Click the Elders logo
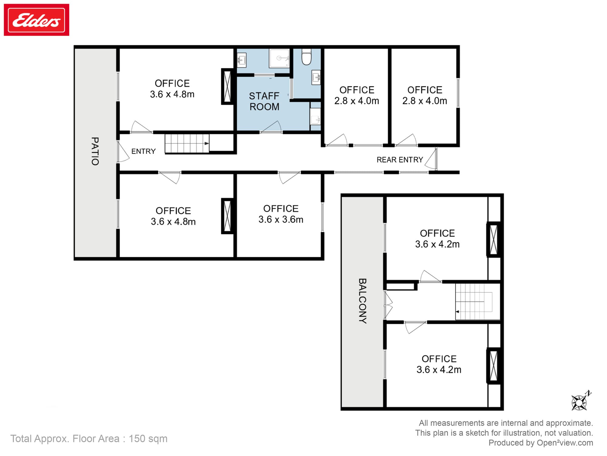point(36,20)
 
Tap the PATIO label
point(95,151)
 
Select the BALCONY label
point(362,301)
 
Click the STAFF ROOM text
point(264,101)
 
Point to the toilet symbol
point(307,57)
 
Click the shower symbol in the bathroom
point(279,58)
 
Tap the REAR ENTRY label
point(399,160)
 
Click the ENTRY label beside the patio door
point(143,151)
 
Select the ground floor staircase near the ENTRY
point(187,143)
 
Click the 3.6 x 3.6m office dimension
point(281,219)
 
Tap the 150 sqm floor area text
point(148,439)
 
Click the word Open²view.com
point(565,443)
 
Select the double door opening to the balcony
point(388,305)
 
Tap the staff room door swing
point(271,127)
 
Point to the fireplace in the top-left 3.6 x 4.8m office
point(227,87)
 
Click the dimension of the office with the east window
point(424,101)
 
